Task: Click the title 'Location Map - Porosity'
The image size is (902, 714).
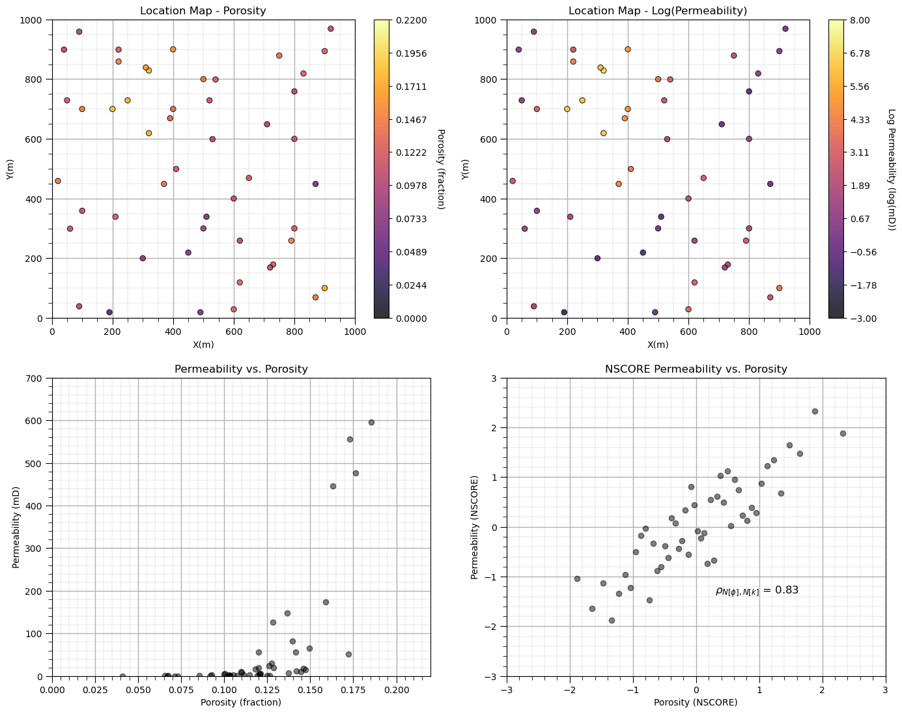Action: tap(203, 10)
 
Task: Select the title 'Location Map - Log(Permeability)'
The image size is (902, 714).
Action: tap(658, 10)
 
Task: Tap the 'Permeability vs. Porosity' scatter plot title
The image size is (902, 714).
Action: tap(241, 369)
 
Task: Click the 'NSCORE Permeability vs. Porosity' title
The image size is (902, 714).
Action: tap(696, 369)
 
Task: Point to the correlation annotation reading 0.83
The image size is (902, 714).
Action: tap(757, 590)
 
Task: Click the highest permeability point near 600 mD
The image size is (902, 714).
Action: tap(371, 422)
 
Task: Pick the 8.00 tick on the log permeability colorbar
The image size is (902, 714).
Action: tap(863, 20)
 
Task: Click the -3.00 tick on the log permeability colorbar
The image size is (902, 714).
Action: tap(863, 318)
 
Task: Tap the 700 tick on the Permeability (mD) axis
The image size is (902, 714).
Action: tap(38, 378)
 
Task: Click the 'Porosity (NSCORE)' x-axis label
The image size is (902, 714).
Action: tap(696, 702)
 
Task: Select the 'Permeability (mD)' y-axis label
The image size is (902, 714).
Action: tap(17, 527)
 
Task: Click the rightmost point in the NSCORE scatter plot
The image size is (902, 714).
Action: tap(843, 433)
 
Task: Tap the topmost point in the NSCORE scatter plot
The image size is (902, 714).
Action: tap(815, 411)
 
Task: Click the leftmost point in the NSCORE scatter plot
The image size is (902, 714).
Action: tap(577, 578)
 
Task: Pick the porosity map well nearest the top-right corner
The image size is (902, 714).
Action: tap(331, 29)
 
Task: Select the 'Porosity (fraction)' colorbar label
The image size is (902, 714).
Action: tap(441, 169)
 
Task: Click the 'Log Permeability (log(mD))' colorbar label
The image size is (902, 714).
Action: tap(892, 169)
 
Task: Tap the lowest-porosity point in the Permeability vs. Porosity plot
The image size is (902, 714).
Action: tap(122, 676)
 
